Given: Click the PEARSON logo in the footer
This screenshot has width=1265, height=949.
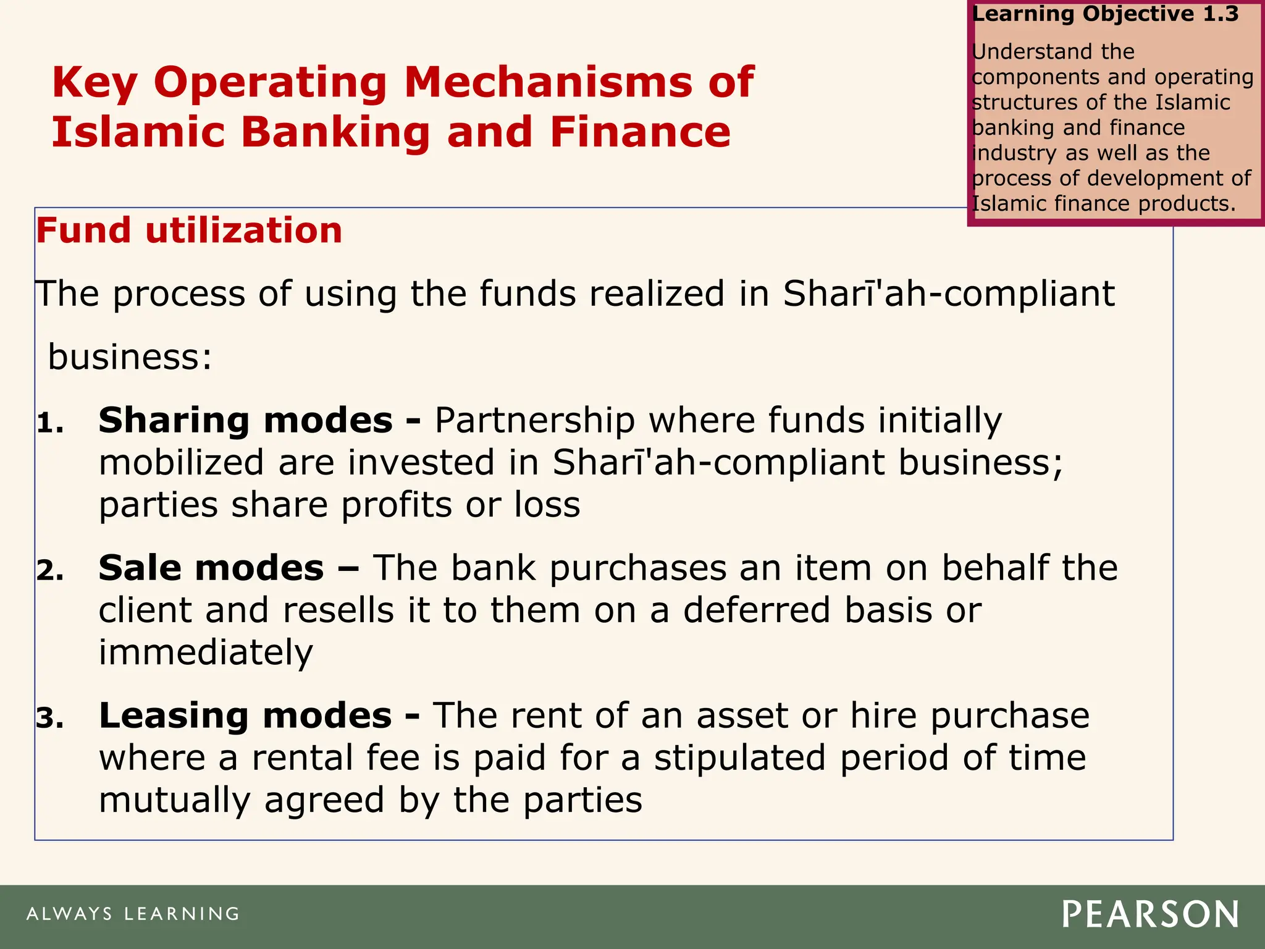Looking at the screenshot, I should point(1150,914).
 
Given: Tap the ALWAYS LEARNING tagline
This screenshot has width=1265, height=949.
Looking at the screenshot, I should point(133,914).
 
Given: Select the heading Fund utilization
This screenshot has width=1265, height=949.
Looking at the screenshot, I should point(189,230).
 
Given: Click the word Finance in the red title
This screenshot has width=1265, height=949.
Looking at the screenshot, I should point(640,132).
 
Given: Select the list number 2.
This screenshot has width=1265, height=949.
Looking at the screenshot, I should point(50,571).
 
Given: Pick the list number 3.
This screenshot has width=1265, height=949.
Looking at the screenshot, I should point(50,719).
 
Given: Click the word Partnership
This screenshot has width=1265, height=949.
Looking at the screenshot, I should point(535,421).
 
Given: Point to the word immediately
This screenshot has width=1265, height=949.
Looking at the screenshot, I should point(206,653).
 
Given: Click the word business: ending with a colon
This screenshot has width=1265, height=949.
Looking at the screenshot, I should point(130,357).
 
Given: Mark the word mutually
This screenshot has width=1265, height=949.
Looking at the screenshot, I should point(174,801).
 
